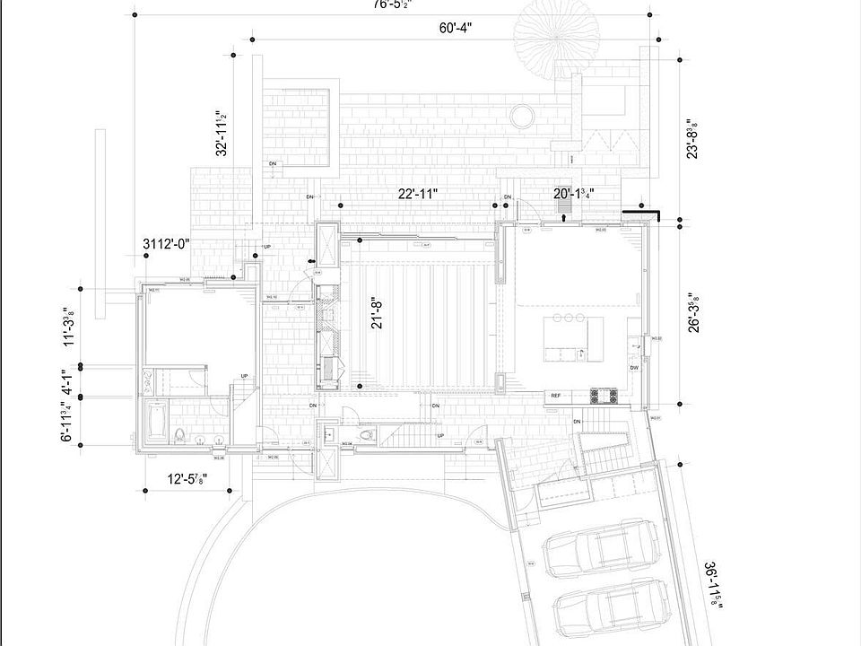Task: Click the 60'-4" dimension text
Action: coord(456,28)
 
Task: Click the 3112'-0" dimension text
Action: coord(167,244)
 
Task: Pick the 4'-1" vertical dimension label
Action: coord(66,384)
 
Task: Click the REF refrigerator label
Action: coord(556,396)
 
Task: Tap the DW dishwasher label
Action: coord(634,368)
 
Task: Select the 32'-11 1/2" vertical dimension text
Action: coord(221,133)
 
